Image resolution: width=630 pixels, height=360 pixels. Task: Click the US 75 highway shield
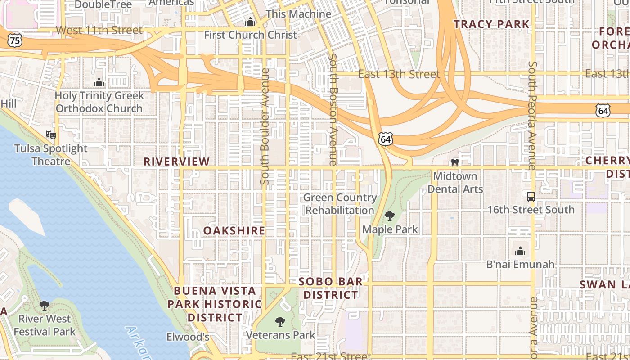pyautogui.click(x=15, y=40)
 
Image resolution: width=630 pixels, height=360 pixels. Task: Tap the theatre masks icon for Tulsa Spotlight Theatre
pyautogui.click(x=51, y=135)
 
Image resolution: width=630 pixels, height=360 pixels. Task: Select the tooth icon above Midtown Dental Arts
pyautogui.click(x=454, y=162)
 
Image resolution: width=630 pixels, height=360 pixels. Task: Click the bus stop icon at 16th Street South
pyautogui.click(x=531, y=197)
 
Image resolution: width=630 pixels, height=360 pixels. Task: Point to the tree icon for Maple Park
pyautogui.click(x=390, y=216)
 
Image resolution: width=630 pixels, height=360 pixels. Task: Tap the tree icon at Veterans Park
pyautogui.click(x=280, y=321)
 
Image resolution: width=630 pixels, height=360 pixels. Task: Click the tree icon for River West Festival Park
pyautogui.click(x=45, y=306)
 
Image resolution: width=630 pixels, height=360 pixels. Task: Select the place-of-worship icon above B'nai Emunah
pyautogui.click(x=520, y=251)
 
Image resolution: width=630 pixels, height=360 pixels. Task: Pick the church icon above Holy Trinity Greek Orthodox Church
pyautogui.click(x=99, y=82)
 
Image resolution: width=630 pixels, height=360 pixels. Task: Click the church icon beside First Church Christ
pyautogui.click(x=250, y=22)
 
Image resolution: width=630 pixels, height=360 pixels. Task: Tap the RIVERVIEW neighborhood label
pyautogui.click(x=176, y=162)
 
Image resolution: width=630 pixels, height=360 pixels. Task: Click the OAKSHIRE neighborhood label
pyautogui.click(x=234, y=231)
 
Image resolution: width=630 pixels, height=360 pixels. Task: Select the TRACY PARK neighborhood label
pyautogui.click(x=491, y=24)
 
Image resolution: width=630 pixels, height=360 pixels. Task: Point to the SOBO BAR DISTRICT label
pyautogui.click(x=331, y=288)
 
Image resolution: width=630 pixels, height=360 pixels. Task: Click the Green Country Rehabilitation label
pyautogui.click(x=340, y=204)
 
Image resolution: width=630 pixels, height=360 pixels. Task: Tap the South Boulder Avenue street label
pyautogui.click(x=265, y=126)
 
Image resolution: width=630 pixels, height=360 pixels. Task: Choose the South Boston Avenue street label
pyautogui.click(x=333, y=109)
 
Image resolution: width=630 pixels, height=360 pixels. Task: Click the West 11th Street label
pyautogui.click(x=99, y=30)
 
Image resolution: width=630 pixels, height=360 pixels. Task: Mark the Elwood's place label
pyautogui.click(x=188, y=337)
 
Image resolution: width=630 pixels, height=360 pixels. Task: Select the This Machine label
pyautogui.click(x=298, y=14)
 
